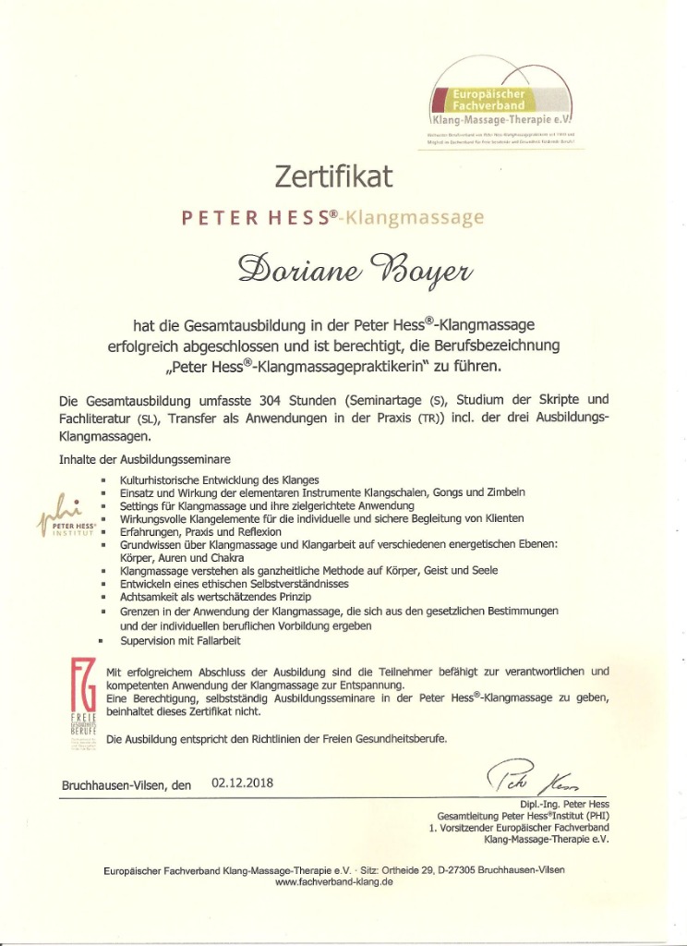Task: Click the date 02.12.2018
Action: pyautogui.click(x=243, y=782)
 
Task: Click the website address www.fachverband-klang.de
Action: pyautogui.click(x=334, y=881)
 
